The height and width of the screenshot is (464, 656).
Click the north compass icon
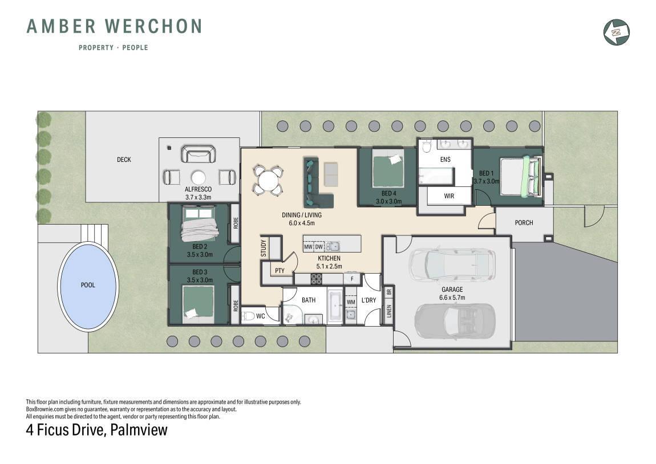pyautogui.click(x=617, y=32)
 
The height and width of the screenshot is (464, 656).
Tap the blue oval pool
pyautogui.click(x=88, y=286)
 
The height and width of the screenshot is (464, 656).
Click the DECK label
pyautogui.click(x=124, y=160)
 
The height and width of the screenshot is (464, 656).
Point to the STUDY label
pyautogui.click(x=263, y=248)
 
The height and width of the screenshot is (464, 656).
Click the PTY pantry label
pyautogui.click(x=280, y=271)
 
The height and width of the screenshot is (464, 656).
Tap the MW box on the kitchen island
pyautogui.click(x=309, y=247)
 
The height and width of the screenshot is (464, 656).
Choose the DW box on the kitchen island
pyautogui.click(x=319, y=247)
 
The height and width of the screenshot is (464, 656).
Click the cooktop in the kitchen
pyautogui.click(x=316, y=278)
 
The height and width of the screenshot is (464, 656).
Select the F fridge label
pyautogui.click(x=352, y=279)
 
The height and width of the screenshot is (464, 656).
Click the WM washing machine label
pyautogui.click(x=351, y=302)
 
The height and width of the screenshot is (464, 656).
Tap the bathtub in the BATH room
pyautogui.click(x=335, y=307)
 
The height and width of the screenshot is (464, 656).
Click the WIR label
pyautogui.click(x=449, y=196)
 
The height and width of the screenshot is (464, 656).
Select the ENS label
pyautogui.click(x=445, y=159)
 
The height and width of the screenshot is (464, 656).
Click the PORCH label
pyautogui.click(x=524, y=223)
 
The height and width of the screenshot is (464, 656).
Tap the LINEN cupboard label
pyautogui.click(x=389, y=311)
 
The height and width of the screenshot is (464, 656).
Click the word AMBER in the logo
pyautogui.click(x=61, y=26)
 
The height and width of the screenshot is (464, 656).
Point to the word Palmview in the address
pyautogui.click(x=139, y=430)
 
